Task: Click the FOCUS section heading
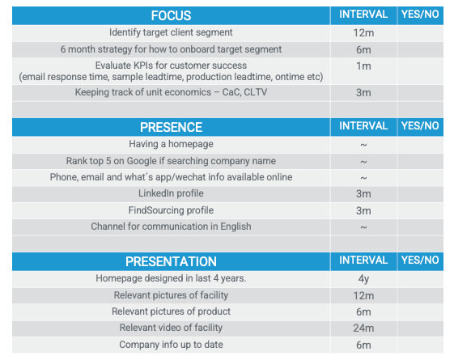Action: coord(171,15)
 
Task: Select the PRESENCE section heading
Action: coord(171,127)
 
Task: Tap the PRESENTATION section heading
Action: coord(171,261)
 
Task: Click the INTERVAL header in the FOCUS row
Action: coord(363,15)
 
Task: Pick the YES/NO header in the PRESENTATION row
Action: coord(420,260)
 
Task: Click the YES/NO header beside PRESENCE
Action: coord(420,126)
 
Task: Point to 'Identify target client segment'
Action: coord(171,32)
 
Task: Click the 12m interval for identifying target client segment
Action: coord(363,33)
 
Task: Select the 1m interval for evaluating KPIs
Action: coord(363,66)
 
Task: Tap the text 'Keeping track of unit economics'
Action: coord(143,92)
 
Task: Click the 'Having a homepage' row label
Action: coord(171,144)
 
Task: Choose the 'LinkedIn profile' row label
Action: coord(171,193)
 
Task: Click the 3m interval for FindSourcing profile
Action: coord(363,211)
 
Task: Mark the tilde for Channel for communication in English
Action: coord(363,227)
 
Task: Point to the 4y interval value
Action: coord(363,279)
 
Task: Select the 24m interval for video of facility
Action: coord(363,328)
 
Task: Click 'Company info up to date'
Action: coord(171,345)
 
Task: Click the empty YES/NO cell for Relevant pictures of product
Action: coord(420,312)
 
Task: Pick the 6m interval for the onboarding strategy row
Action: coord(363,50)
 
